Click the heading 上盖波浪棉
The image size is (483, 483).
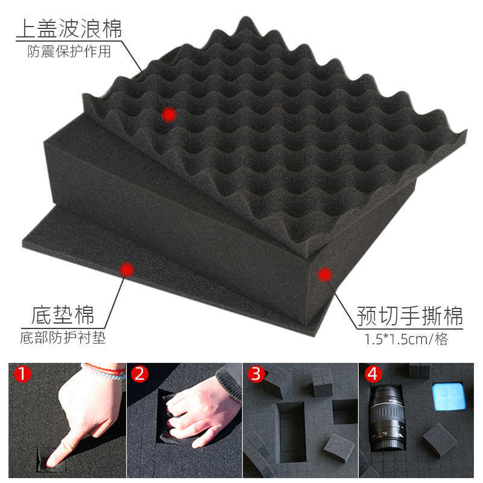69,28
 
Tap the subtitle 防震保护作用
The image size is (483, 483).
69,51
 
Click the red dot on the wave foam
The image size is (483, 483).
169,114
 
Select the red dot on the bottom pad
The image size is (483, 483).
126,269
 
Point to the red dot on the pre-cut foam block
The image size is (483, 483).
325,275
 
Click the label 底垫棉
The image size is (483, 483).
62,316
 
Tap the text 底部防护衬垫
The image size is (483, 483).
63,337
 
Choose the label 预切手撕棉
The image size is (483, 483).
410,315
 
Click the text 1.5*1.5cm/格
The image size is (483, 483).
406,339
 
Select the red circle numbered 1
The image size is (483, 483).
23,374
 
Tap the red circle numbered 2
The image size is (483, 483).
140,374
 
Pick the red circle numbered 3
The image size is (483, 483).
256,374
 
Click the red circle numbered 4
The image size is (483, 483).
373,374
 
